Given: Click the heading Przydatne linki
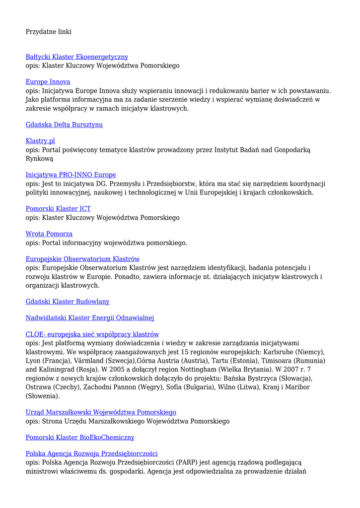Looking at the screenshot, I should click(49, 32).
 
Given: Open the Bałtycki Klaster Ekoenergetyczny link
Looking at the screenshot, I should click(77, 57).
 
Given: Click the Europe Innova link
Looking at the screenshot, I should click(48, 81).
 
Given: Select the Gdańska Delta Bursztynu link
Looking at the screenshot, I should click(64, 125).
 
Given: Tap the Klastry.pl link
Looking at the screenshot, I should click(40, 141).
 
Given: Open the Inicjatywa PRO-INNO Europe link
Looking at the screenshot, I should click(71, 175).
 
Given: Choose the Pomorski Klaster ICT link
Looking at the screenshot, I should click(58, 209).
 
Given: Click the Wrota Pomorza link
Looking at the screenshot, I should click(49, 234).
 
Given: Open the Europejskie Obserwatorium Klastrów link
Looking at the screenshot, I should click(82, 259).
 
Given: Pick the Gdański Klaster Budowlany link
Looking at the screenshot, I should click(68, 302).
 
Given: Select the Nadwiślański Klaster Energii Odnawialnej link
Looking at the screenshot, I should click(90, 318).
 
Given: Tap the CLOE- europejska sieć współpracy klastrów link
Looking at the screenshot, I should click(92, 334).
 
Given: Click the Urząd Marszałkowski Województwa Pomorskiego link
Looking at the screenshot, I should click(101, 412).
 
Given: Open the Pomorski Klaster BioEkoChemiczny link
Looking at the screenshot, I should click(80, 438).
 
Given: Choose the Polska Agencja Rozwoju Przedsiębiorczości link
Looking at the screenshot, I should click(91, 453).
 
